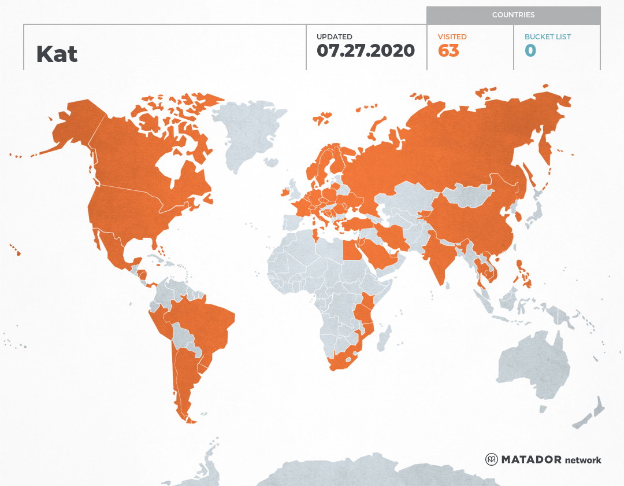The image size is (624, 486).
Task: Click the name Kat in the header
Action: [x=57, y=54]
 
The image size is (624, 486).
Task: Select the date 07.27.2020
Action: [x=366, y=51]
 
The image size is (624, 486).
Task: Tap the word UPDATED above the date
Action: [x=334, y=37]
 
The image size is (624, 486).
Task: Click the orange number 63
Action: [x=448, y=51]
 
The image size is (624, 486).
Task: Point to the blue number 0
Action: [x=530, y=51]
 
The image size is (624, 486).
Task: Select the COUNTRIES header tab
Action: [x=513, y=15]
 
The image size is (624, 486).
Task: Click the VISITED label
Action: [x=452, y=37]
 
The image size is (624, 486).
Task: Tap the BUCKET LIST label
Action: [x=547, y=37]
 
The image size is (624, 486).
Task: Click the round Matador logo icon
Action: [x=492, y=460]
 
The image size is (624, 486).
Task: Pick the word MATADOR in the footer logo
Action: [x=530, y=460]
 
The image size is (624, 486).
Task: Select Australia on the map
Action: [x=532, y=365]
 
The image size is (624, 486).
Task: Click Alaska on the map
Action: [x=75, y=127]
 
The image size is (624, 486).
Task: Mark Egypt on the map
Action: [x=351, y=250]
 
